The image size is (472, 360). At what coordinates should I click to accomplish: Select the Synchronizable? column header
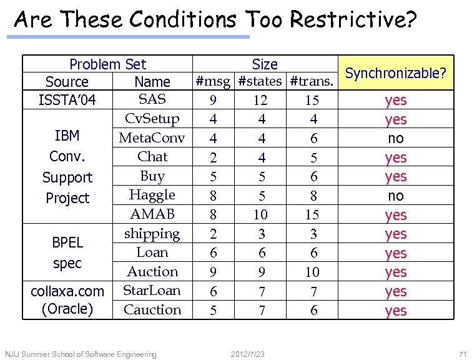click(395, 73)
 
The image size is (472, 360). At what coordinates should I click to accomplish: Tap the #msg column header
click(213, 81)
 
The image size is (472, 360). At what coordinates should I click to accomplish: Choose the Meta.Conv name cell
click(152, 137)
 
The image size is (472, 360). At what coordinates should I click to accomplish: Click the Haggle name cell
click(152, 195)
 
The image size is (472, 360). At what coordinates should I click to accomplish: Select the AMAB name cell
click(152, 214)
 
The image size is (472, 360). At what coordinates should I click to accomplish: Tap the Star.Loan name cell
click(152, 291)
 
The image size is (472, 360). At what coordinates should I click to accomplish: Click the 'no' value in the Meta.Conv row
click(396, 138)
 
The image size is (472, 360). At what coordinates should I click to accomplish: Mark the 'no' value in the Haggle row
click(396, 196)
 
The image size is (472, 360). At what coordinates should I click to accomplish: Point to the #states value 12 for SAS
click(260, 100)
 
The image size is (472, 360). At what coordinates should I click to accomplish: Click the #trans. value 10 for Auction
click(312, 272)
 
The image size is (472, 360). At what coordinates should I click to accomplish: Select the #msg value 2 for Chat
click(213, 157)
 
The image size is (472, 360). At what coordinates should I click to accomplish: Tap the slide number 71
click(462, 354)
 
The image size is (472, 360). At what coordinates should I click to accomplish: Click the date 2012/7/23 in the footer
click(247, 354)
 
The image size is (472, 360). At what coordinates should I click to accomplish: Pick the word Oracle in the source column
click(67, 309)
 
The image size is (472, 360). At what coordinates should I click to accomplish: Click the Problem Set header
click(107, 64)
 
